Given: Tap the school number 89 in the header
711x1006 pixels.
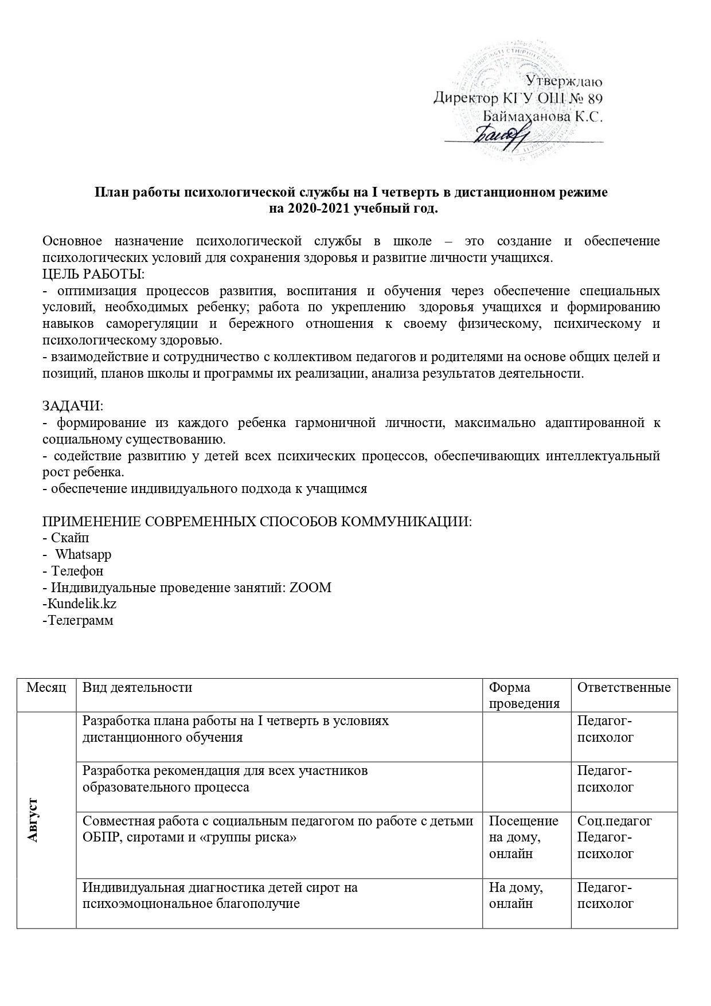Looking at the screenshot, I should point(592,98).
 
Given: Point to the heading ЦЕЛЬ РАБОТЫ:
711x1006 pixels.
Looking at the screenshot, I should point(94,274).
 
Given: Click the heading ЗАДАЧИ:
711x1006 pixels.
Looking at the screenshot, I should point(73,406).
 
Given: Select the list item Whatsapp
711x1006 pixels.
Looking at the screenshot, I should point(83,555).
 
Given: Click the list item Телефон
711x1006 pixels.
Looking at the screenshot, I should point(77,571).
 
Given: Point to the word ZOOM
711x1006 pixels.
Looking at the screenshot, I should point(311,588).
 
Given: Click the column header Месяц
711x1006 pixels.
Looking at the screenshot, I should point(46,687).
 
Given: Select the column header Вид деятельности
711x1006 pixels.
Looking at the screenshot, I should point(138,687).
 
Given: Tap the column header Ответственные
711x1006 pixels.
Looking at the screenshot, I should point(624,687).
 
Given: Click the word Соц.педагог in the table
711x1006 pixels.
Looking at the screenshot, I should point(615,821).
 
